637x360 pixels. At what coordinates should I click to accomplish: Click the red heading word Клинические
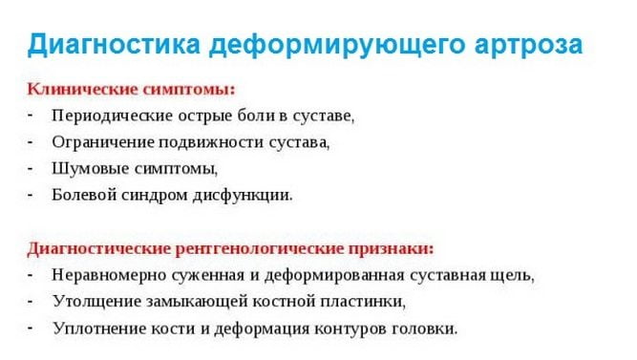77,90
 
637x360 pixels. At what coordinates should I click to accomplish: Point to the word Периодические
112,116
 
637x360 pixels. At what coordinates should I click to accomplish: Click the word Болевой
87,195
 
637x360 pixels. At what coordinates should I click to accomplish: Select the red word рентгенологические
257,248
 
